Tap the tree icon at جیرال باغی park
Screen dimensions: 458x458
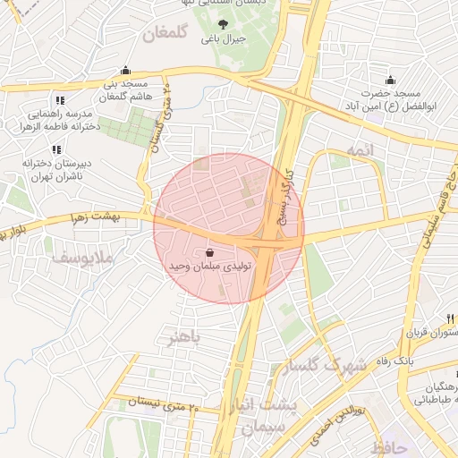point(223,25)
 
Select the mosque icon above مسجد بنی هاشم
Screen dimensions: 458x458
point(125,71)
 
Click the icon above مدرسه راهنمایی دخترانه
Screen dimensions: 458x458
point(59,100)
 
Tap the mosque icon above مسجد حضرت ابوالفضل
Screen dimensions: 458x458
point(390,80)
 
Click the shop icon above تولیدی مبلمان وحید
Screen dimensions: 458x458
point(209,253)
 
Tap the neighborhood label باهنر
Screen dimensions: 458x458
point(184,337)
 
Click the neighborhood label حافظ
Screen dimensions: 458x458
point(392,445)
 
